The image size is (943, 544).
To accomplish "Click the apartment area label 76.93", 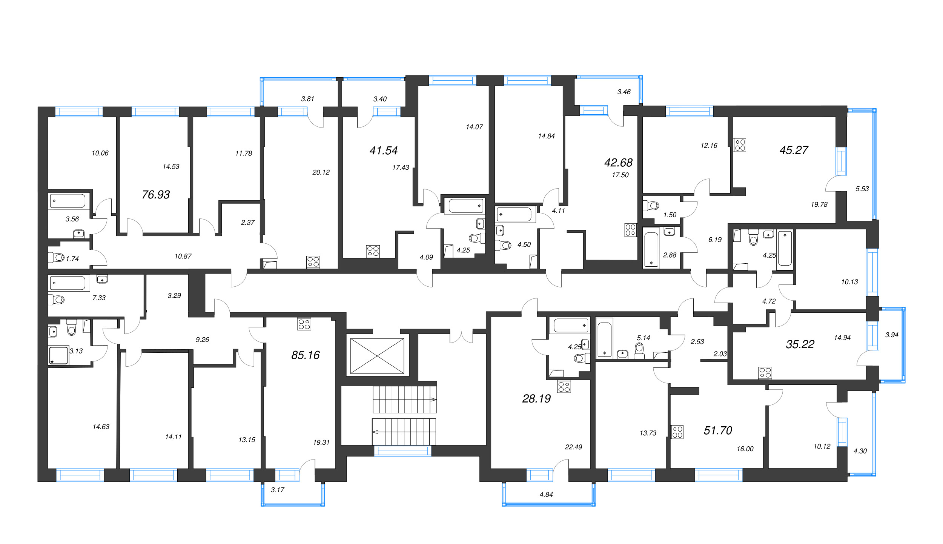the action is point(156,195).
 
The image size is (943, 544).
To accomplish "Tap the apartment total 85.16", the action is point(306,355).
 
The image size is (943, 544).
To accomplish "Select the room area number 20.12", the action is point(321,172).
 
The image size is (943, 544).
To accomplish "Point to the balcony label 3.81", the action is point(307,99).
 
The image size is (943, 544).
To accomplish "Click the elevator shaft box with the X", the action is point(377,356).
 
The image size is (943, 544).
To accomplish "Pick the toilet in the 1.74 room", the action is point(56,258).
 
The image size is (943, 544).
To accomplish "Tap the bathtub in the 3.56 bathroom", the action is point(69,201).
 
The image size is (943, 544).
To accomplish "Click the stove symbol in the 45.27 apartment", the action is point(740,145).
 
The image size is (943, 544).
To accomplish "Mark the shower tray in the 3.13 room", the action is point(58,356).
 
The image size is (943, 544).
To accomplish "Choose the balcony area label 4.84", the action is point(546,495).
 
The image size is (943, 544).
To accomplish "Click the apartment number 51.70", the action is point(718,430).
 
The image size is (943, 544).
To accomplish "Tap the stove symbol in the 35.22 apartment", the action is point(765,373).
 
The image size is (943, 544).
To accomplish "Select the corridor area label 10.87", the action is point(183,257).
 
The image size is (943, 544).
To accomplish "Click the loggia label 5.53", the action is point(862,189).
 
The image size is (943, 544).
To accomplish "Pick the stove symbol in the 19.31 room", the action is point(304,324).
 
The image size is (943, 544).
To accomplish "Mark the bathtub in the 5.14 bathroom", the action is point(605,338).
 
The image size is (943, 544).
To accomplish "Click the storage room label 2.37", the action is point(248,223).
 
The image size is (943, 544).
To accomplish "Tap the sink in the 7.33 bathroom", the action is point(102,279).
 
